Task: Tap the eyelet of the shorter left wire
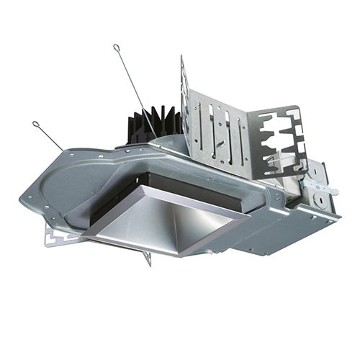(x=37, y=126)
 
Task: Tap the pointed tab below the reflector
(x=147, y=258)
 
